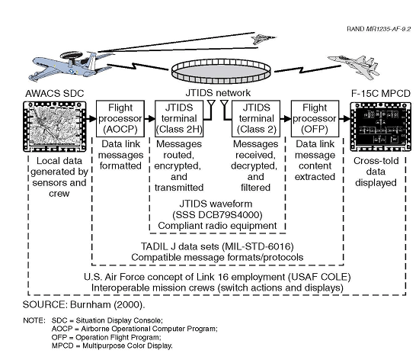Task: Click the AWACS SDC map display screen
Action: coord(55,127)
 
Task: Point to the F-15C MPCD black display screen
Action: coord(380,127)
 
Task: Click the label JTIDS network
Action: coord(218,93)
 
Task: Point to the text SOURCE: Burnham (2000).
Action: coord(84,304)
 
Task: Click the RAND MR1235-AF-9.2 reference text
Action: coord(379,29)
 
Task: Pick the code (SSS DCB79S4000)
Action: coord(217,215)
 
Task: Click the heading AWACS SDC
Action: coord(55,93)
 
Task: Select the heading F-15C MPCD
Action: coord(380,93)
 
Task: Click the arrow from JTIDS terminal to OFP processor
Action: coord(286,118)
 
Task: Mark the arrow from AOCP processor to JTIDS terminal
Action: coord(149,118)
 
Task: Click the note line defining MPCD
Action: coord(112,346)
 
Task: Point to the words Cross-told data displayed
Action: coord(376,172)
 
